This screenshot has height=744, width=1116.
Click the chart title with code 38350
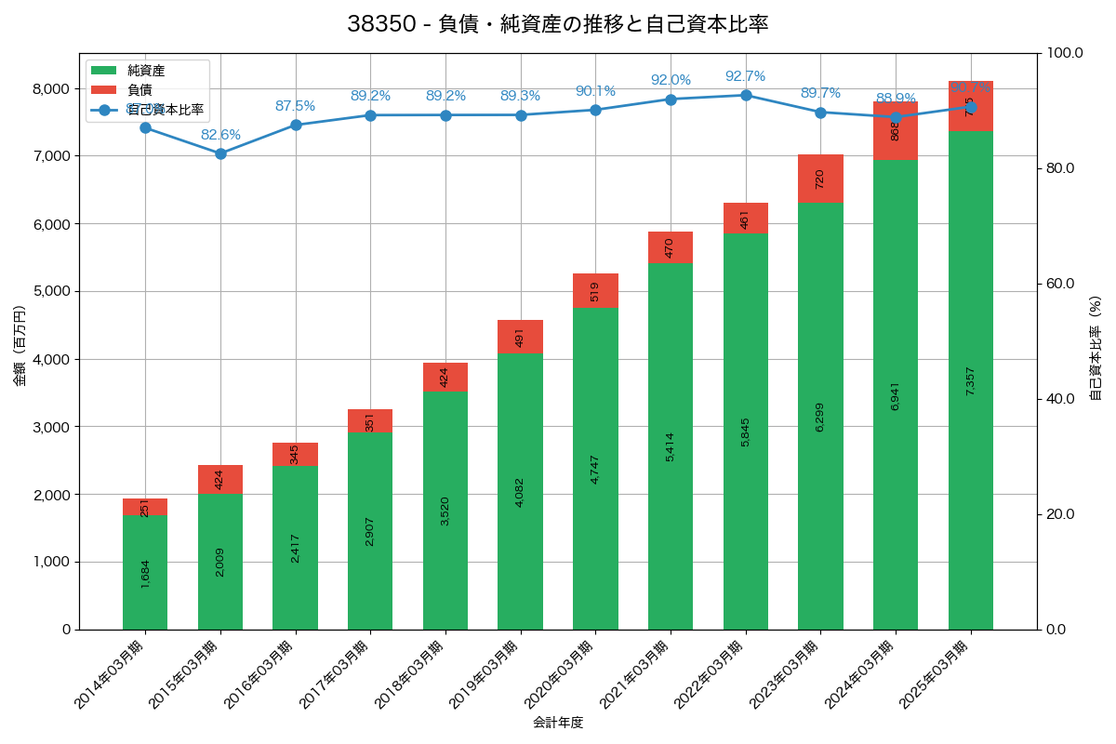pyautogui.click(x=557, y=24)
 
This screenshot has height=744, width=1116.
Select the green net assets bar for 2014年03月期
pyautogui.click(x=145, y=572)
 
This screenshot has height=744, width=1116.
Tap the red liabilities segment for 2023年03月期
pyautogui.click(x=820, y=179)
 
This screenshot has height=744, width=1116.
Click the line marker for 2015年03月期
pyautogui.click(x=220, y=153)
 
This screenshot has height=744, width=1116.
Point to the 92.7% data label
pyautogui.click(x=745, y=76)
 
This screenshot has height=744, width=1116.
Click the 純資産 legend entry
pyautogui.click(x=145, y=70)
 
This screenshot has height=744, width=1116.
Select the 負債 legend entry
pyautogui.click(x=139, y=89)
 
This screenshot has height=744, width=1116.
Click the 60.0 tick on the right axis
pyautogui.click(x=1058, y=284)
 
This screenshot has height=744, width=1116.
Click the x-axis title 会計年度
pyautogui.click(x=557, y=722)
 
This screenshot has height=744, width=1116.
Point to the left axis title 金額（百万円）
pyautogui.click(x=20, y=346)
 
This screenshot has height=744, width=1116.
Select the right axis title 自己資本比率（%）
pyautogui.click(x=1095, y=348)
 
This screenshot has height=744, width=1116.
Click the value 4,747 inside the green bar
pyautogui.click(x=595, y=469)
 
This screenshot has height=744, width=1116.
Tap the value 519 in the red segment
pyautogui.click(x=595, y=291)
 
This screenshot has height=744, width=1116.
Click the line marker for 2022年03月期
pyautogui.click(x=746, y=95)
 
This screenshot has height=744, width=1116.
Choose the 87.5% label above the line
pyautogui.click(x=295, y=106)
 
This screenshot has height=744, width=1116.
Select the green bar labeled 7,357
pyautogui.click(x=970, y=380)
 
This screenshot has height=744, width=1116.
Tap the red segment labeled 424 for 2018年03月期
pyautogui.click(x=445, y=378)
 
